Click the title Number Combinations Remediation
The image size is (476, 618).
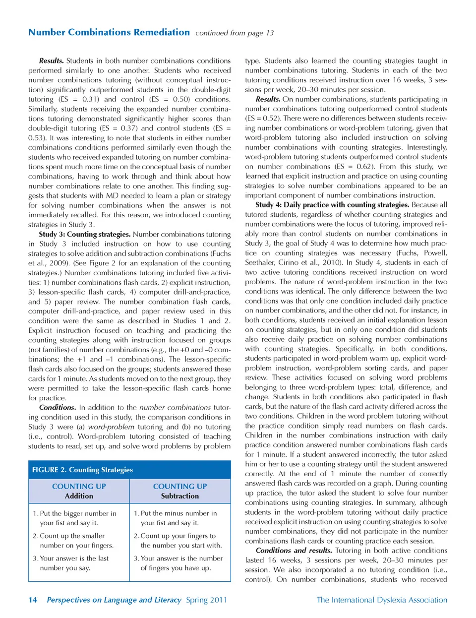point(109,32)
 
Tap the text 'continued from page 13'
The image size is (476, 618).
point(235,33)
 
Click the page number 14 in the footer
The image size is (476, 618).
point(33,600)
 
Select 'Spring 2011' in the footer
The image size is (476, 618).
point(206,600)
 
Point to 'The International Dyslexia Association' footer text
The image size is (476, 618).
point(382,600)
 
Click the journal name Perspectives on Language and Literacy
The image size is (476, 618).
point(114,600)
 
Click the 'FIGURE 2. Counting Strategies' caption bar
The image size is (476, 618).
point(82,470)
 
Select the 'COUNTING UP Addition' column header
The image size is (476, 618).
point(79,491)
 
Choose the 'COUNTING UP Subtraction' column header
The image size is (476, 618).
point(180,491)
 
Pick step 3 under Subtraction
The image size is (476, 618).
point(178,563)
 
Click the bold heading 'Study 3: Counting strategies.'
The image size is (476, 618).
point(85,234)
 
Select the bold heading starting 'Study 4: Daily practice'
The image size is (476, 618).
point(332,205)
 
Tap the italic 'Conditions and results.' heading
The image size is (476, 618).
point(294,551)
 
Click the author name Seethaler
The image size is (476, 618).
point(262,262)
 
